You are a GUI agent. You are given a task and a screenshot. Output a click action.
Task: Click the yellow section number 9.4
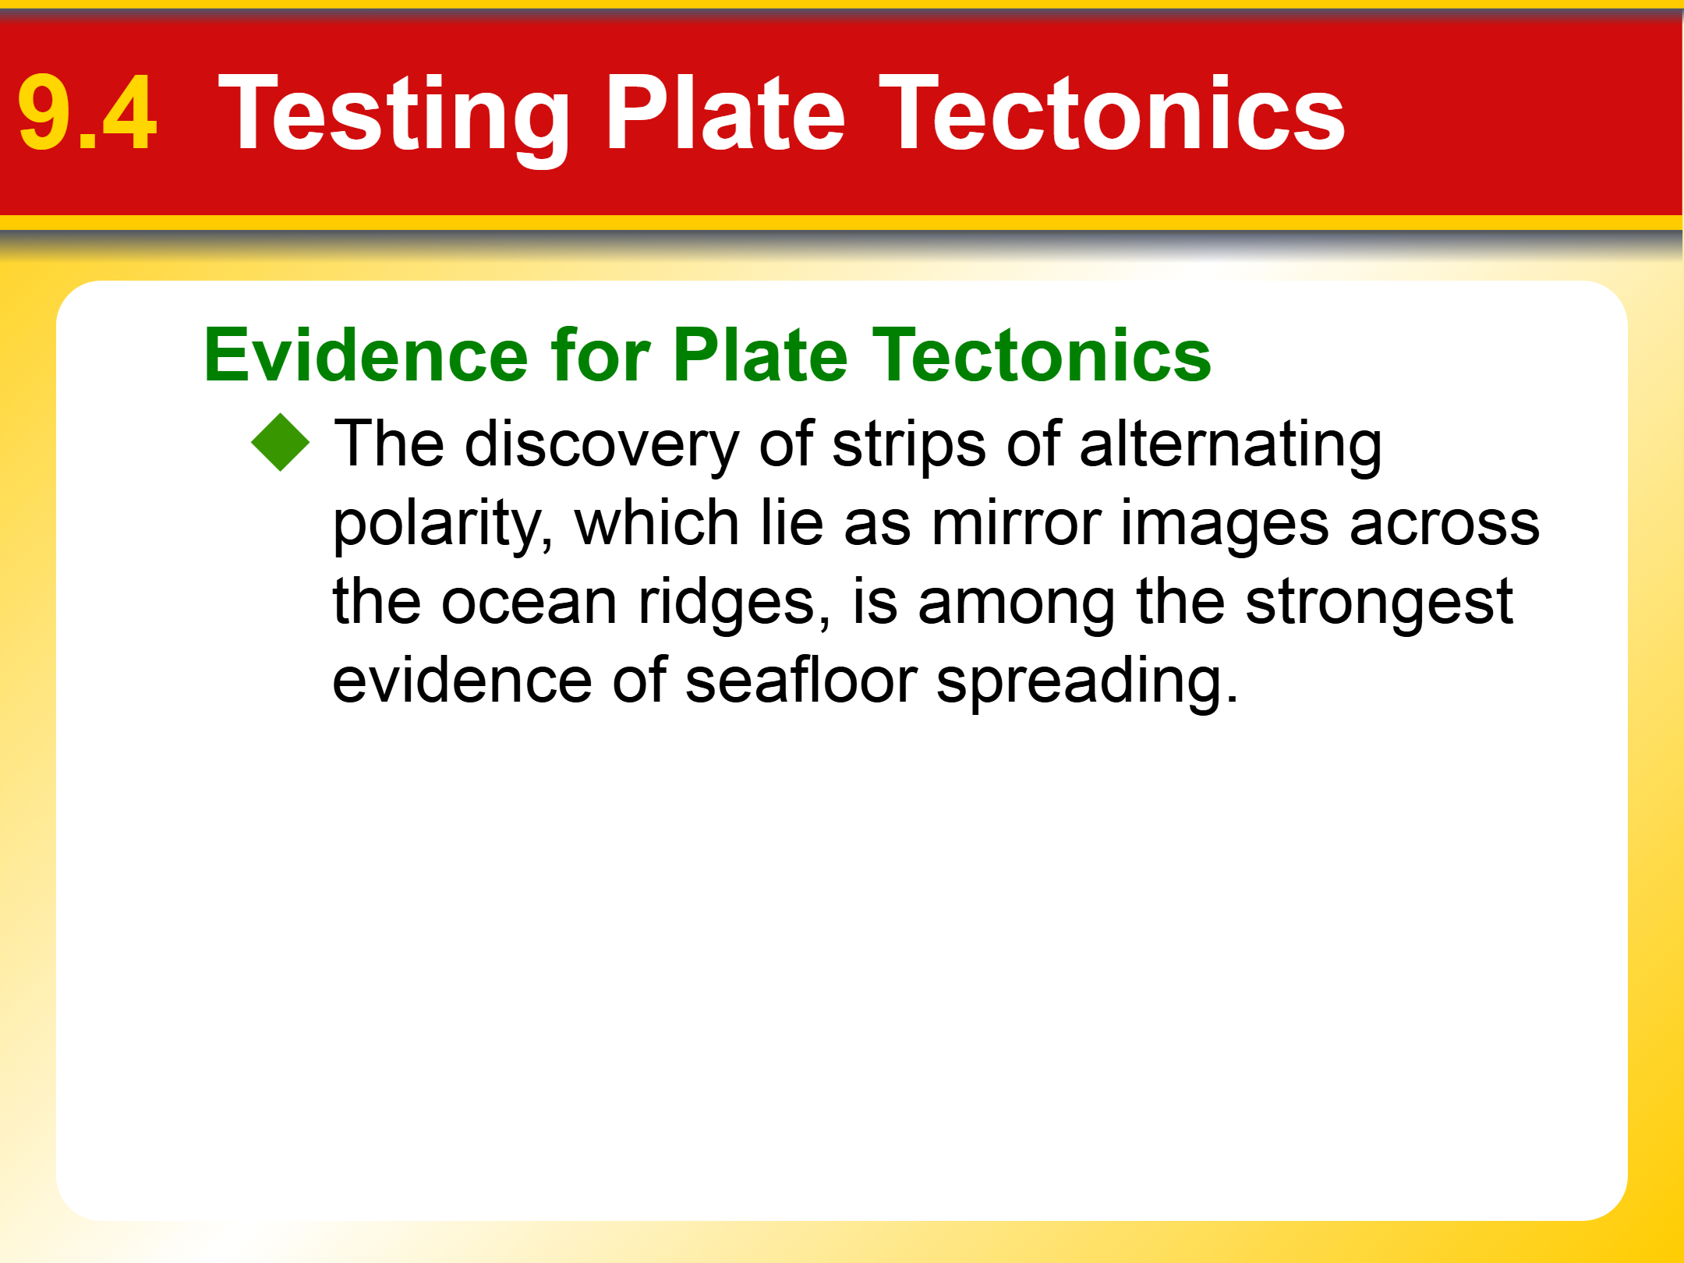87,113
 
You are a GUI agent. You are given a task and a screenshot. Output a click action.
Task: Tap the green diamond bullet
281,443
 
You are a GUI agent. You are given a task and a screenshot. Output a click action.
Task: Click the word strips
909,445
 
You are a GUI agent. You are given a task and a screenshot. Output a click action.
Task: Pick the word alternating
1230,445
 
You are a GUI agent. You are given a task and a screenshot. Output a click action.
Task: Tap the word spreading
1088,681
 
